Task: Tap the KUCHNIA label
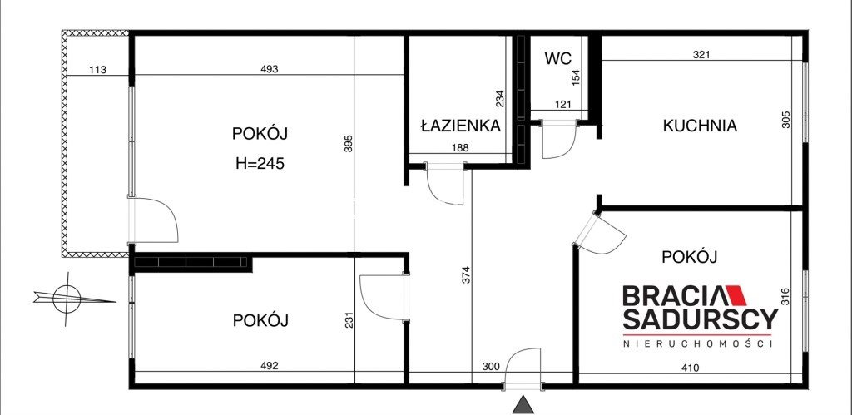700,126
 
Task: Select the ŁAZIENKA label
460,126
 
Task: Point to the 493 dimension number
270,69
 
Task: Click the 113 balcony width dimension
97,70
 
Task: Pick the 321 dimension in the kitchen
702,54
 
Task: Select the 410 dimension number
690,368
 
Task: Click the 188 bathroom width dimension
459,147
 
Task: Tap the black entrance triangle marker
523,405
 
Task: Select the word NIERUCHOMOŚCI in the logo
698,343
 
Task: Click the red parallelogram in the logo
736,295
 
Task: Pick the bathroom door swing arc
445,185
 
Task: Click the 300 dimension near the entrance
491,366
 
